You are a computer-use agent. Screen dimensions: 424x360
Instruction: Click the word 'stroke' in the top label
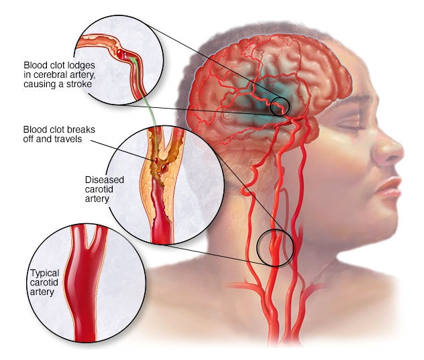tap(79, 84)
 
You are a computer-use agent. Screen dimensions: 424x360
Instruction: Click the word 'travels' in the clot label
tap(68, 139)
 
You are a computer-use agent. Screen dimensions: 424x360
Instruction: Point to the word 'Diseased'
tap(105, 180)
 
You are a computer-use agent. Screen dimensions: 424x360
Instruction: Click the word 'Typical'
tap(45, 274)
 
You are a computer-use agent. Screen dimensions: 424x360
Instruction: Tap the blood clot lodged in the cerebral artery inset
tap(121, 54)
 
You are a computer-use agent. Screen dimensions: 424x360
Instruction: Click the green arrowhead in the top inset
tap(131, 59)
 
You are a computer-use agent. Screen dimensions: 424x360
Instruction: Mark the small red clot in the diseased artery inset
tap(156, 161)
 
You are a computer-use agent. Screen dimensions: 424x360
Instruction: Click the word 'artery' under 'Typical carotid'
tap(42, 292)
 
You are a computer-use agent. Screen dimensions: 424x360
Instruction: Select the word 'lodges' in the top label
tap(82, 65)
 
